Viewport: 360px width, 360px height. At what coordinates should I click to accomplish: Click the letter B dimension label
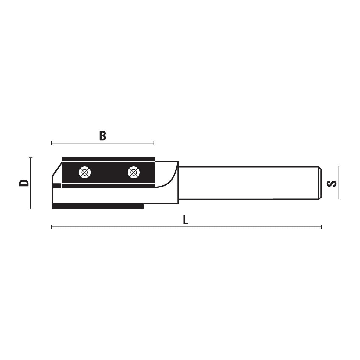(x=103, y=136)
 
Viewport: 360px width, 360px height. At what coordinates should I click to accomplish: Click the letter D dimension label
(x=24, y=183)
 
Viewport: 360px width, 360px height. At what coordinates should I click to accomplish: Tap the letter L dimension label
(x=186, y=220)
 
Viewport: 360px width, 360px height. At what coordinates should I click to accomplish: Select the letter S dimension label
(x=332, y=184)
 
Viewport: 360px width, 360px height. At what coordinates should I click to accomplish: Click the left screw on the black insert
(x=85, y=172)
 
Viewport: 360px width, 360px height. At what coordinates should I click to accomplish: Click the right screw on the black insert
(x=134, y=172)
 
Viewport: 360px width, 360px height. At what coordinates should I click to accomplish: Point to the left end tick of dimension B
(x=52, y=143)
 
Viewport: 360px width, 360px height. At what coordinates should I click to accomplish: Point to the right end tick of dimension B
(x=154, y=143)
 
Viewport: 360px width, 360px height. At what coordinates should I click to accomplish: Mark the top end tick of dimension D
(x=30, y=158)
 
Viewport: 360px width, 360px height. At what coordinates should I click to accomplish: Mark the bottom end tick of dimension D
(x=30, y=209)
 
